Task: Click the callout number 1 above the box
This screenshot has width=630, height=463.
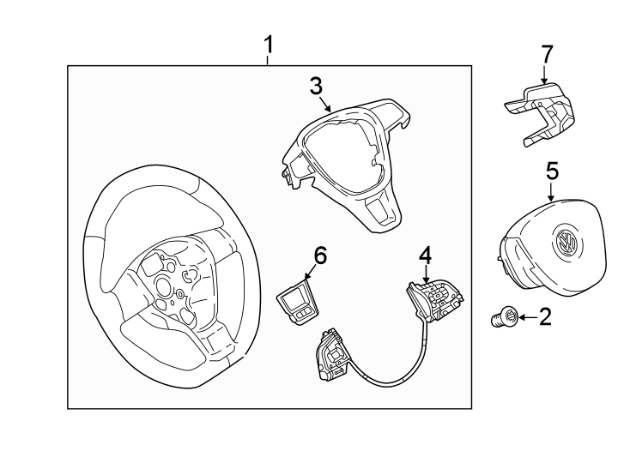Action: tap(269, 44)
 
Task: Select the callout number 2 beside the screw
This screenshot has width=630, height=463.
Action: tap(544, 319)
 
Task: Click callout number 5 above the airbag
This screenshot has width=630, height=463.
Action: tap(552, 171)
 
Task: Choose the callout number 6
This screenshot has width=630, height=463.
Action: tap(319, 255)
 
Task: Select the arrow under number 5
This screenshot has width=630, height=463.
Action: tap(552, 191)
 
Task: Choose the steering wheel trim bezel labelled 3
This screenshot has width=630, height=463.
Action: tap(343, 163)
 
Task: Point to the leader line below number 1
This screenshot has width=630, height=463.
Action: tap(269, 59)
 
